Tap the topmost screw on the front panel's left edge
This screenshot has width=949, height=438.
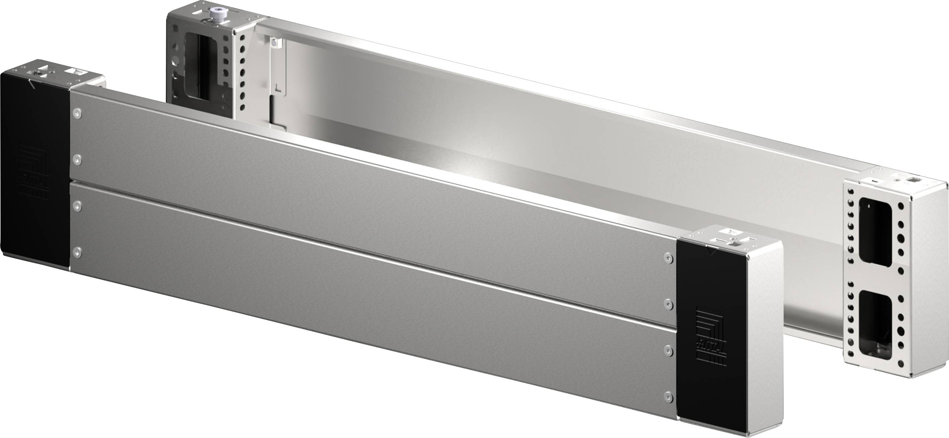77,113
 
